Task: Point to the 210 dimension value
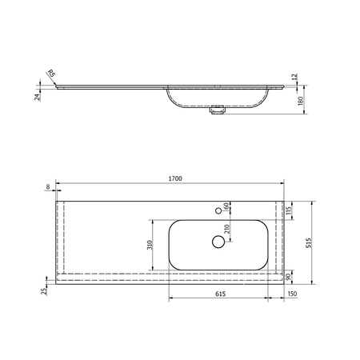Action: pyautogui.click(x=227, y=230)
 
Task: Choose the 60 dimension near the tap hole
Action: pyautogui.click(x=227, y=206)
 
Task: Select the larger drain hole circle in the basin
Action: pyautogui.click(x=217, y=241)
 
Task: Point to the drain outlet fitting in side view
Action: pyautogui.click(x=214, y=112)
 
